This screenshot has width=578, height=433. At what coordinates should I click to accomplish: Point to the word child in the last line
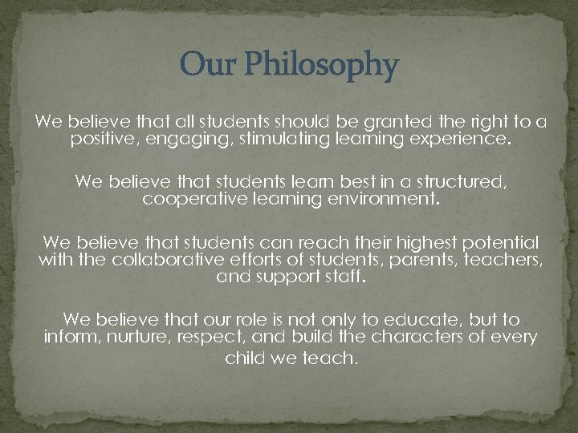click(x=244, y=358)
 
